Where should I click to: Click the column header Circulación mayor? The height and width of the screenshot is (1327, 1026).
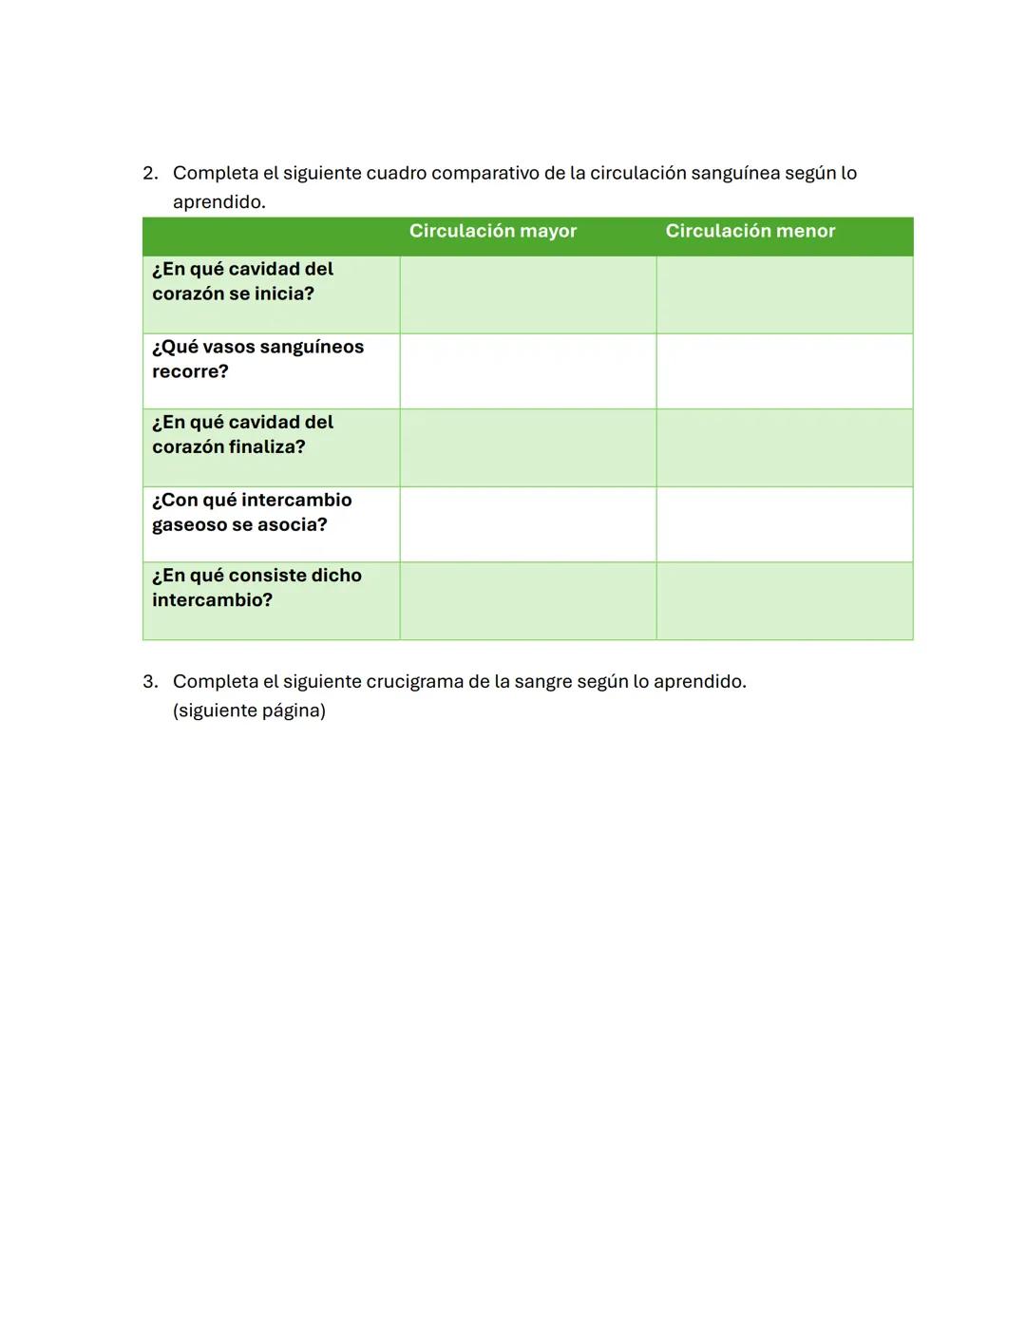tap(492, 231)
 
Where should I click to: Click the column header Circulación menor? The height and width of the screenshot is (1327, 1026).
tap(750, 231)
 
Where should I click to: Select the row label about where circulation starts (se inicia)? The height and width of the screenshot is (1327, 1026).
tap(242, 281)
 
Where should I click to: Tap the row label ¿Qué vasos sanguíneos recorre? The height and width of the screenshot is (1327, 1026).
tap(257, 359)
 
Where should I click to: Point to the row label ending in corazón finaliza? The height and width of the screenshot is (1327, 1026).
tap(242, 434)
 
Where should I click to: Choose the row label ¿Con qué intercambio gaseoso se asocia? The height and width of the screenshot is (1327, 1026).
tap(252, 512)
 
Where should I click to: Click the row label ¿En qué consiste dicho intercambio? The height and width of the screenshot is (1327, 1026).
tap(256, 587)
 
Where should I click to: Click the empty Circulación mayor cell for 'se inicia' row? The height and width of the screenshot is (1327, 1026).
tap(527, 294)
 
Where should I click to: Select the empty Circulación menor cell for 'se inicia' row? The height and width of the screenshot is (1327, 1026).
tap(784, 294)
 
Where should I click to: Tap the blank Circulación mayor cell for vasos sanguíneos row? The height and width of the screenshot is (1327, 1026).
tap(527, 371)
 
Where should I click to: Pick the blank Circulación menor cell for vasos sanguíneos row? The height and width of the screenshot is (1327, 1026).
tap(784, 371)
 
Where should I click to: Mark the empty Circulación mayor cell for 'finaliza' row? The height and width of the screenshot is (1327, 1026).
tap(527, 447)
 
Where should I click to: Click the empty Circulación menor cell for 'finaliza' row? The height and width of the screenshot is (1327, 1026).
tap(784, 447)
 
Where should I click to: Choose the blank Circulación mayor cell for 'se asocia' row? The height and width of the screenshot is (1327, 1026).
tap(527, 524)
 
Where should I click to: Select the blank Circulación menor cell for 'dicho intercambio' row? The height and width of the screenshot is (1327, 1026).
tap(784, 600)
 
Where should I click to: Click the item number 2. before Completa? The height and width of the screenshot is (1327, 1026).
tap(150, 173)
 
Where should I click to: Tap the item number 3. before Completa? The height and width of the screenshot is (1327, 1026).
tap(150, 681)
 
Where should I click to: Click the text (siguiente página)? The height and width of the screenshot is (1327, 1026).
tap(249, 711)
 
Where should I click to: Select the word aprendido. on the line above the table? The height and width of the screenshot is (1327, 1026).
tap(218, 202)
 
